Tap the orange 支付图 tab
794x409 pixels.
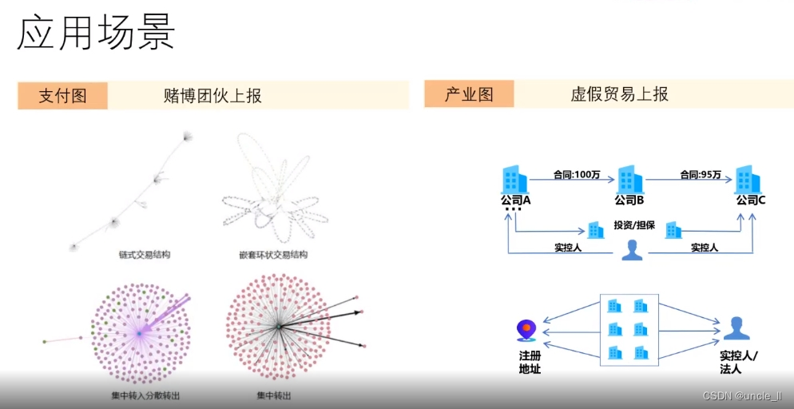[62, 96]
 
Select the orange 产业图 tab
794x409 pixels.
[469, 94]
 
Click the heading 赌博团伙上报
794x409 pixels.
[212, 96]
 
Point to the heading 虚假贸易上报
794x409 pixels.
[619, 94]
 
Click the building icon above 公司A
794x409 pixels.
[515, 179]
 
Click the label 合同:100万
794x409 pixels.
[578, 174]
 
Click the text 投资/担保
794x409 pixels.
[634, 225]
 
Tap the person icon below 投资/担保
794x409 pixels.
[632, 249]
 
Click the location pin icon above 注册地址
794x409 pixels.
[526, 329]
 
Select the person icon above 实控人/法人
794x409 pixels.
[736, 328]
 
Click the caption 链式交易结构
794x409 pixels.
[143, 255]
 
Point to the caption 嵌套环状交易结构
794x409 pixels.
[272, 255]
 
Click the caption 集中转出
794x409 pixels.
[273, 395]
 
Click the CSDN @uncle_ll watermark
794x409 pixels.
[744, 396]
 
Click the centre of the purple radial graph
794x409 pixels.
[139, 332]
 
